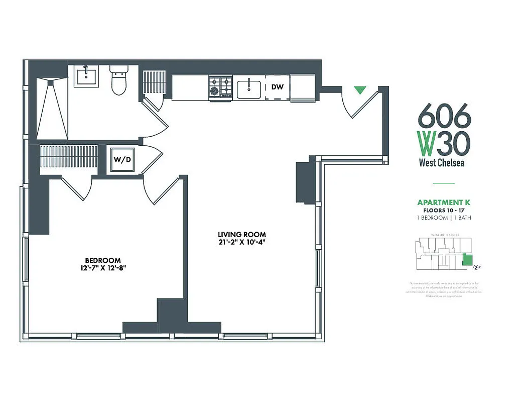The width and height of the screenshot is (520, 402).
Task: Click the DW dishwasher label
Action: tap(277, 87)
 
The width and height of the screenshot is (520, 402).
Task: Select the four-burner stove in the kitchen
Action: tap(220, 87)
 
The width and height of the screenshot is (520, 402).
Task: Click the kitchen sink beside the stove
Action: tap(248, 89)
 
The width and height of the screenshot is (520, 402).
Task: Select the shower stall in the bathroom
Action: tap(52, 108)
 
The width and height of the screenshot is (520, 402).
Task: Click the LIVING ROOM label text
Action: tap(241, 235)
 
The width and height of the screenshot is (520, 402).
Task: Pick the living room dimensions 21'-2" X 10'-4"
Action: tap(241, 243)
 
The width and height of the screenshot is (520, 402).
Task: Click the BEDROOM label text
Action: tap(102, 260)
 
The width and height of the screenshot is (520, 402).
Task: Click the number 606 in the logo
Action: tap(444, 117)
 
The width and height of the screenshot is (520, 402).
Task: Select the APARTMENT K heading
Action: tap(444, 203)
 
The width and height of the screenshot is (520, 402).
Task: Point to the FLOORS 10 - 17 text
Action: tap(444, 211)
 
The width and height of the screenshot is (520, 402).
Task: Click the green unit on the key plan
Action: tap(467, 259)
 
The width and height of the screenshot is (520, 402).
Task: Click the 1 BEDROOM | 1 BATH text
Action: tap(444, 218)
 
